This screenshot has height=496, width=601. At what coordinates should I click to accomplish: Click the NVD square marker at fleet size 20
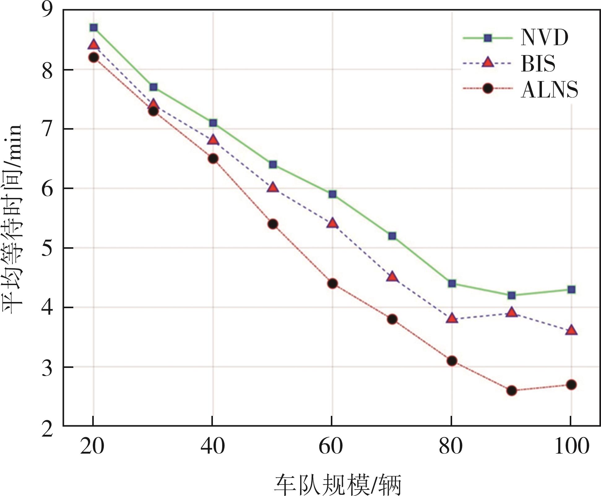[94, 28]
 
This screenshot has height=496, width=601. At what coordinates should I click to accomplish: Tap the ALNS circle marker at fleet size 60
[332, 283]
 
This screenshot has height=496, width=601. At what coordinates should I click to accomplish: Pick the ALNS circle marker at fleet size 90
[512, 390]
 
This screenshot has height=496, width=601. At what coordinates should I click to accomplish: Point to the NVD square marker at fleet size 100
[571, 290]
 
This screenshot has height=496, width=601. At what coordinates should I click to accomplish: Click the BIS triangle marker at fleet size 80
[452, 318]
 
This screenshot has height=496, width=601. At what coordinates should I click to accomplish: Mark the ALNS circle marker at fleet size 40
[213, 159]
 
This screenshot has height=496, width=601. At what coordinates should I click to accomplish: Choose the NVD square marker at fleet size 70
[392, 236]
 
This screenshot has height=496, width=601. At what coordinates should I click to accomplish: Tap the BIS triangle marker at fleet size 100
[571, 330]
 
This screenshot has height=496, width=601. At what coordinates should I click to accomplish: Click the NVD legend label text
[544, 38]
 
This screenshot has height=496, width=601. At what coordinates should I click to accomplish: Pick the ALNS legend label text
[549, 90]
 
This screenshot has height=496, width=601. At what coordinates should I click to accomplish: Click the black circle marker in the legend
[488, 88]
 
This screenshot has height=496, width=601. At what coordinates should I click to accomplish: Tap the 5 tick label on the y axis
[47, 248]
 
